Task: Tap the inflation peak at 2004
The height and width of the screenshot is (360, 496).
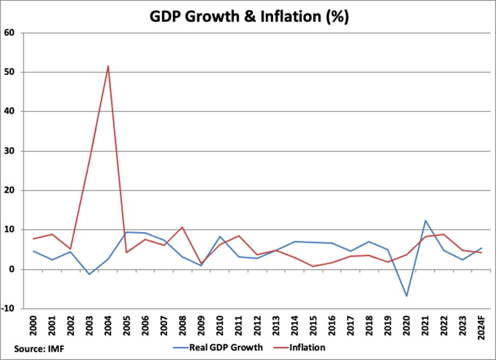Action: click(x=108, y=66)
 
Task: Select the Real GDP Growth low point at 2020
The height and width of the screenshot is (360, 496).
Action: click(x=406, y=296)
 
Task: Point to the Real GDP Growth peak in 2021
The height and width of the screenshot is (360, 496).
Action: click(x=425, y=220)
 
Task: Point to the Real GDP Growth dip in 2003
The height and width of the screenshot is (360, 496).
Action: click(x=90, y=274)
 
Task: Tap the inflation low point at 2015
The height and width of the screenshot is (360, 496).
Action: click(x=313, y=266)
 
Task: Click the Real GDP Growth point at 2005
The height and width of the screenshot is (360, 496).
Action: click(x=127, y=232)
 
